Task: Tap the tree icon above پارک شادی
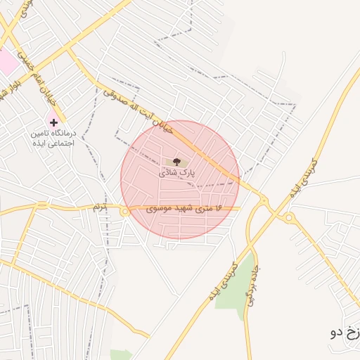click(176, 162)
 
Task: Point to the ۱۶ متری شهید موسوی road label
click(184, 209)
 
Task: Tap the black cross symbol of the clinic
click(53, 122)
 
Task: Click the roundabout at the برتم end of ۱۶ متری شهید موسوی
click(124, 211)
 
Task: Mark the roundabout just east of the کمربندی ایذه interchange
click(288, 218)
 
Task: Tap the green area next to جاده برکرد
click(241, 288)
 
